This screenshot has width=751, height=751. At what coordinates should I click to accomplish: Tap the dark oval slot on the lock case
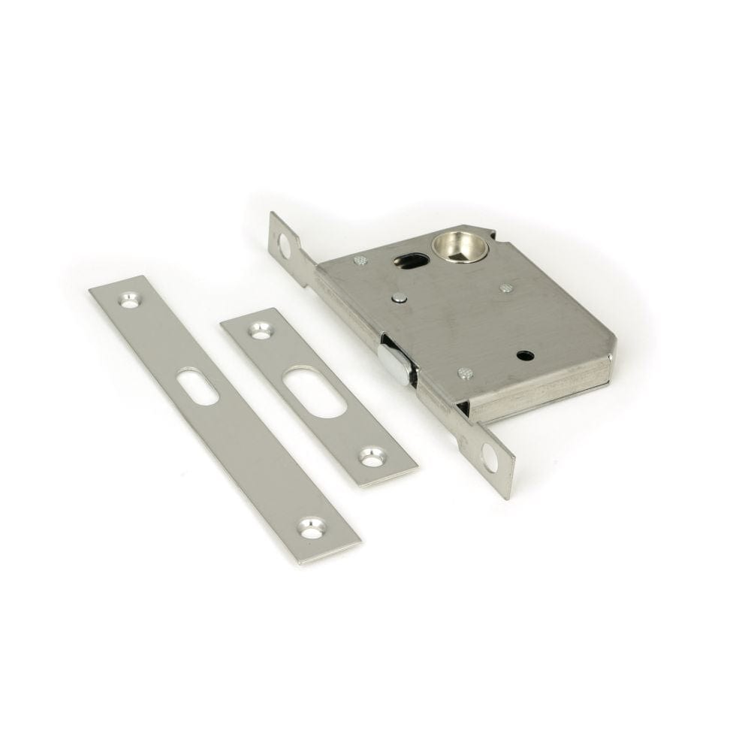coord(411,261)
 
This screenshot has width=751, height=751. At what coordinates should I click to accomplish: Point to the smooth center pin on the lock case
coord(399,298)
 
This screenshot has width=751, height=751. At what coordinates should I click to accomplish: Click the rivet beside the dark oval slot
coord(360,261)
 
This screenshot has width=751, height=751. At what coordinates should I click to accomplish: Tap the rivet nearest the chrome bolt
coord(466,372)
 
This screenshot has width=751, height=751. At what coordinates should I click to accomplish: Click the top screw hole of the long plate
coord(134,297)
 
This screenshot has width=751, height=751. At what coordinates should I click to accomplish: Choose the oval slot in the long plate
coord(198,386)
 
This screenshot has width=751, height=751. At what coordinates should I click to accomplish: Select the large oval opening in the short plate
coord(315,394)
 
